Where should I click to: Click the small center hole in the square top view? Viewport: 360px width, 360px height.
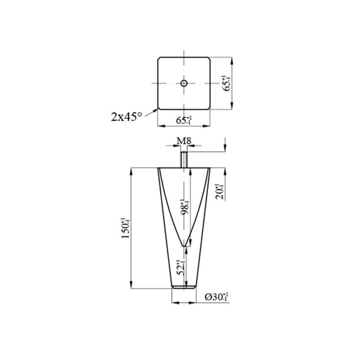184,84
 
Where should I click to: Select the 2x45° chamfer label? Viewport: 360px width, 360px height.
126,116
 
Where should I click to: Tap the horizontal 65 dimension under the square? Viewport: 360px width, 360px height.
184,120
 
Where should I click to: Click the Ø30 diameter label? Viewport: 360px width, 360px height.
217,297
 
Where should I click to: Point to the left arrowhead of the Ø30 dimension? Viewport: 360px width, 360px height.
173,303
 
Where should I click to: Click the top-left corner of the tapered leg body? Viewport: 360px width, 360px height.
158,168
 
